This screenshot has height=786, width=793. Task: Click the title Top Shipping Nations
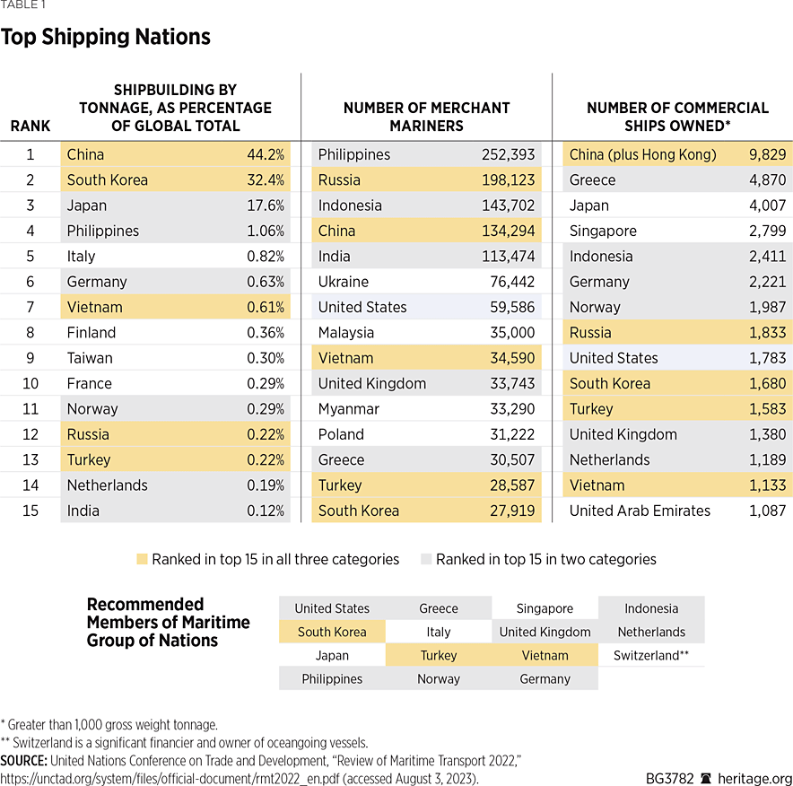[106, 38]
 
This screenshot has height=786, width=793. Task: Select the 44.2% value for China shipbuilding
[266, 154]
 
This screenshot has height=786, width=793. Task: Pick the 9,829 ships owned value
[767, 154]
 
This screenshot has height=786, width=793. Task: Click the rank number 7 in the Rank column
[30, 307]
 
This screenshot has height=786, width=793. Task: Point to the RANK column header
[30, 126]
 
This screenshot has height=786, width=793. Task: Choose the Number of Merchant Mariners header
[426, 117]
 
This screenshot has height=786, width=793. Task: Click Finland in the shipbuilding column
[91, 333]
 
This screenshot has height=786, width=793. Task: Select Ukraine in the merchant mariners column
[344, 282]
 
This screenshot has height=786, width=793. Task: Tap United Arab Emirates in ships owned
[640, 511]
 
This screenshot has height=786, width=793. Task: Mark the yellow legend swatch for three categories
[141, 559]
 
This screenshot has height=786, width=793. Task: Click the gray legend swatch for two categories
[425, 559]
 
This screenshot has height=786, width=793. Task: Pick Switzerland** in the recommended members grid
[651, 655]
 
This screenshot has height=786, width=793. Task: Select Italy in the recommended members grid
[439, 632]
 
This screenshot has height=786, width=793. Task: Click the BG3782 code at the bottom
[669, 778]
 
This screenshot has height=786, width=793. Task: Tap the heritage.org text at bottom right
[757, 778]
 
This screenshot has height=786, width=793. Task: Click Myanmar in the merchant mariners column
[348, 409]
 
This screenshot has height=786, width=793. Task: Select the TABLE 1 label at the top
[22, 4]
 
